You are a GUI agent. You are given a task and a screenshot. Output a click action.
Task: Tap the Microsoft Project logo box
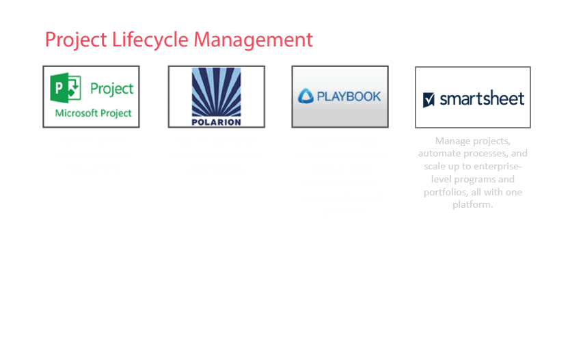[92, 96]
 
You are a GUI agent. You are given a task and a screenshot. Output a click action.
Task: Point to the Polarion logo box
[216, 96]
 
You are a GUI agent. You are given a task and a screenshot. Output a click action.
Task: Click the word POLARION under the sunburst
[216, 122]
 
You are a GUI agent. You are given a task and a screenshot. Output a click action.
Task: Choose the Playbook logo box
[340, 96]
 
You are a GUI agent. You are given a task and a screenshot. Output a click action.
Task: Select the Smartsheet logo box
[473, 97]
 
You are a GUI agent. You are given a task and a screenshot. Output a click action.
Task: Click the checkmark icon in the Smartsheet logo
[429, 100]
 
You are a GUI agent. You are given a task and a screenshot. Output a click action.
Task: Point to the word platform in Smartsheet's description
[472, 204]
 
